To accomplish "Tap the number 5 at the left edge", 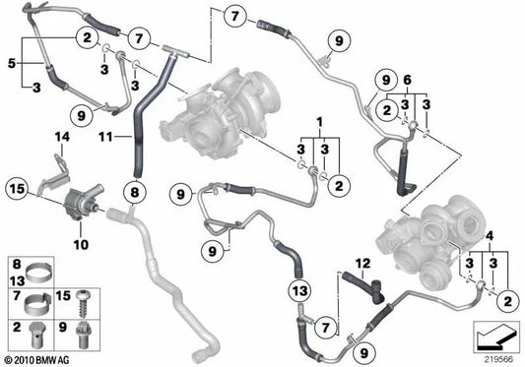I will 12,63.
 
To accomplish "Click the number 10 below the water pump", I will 80,242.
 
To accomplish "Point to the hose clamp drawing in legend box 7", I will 36,299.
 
